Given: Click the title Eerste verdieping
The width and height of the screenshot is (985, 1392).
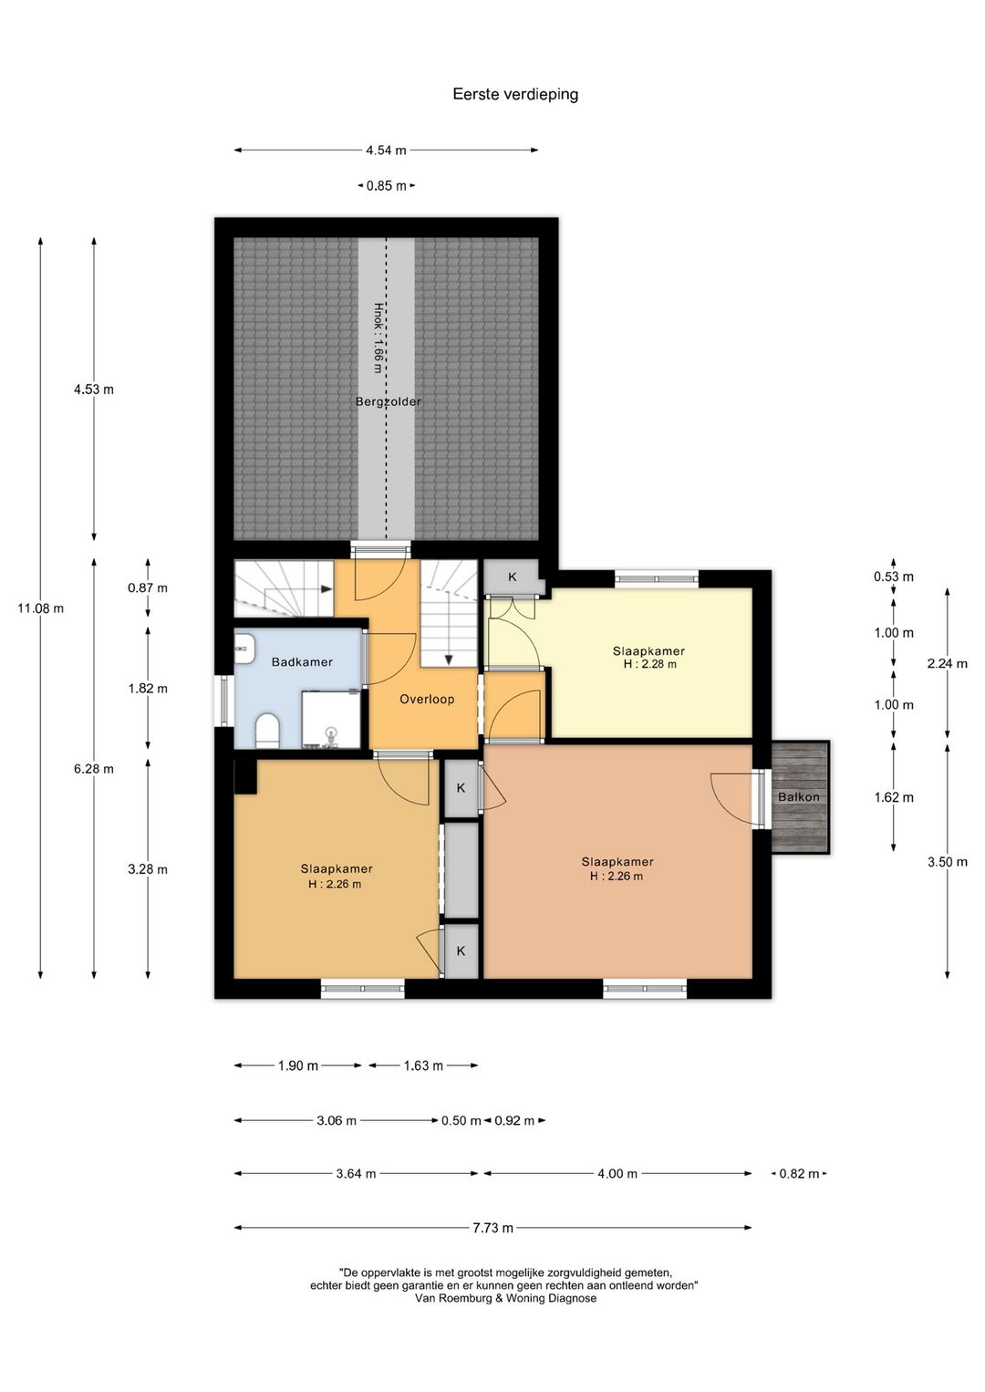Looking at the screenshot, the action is tap(515, 95).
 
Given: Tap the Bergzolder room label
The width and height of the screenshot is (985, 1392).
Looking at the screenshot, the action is tap(388, 401).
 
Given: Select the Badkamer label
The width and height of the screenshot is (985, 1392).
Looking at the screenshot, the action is tap(302, 662).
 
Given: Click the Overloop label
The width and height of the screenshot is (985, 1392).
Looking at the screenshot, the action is tap(427, 699).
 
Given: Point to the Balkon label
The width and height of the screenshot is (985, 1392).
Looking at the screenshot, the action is tap(799, 796).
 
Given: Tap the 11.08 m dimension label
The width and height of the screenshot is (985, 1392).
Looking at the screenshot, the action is tap(40, 608).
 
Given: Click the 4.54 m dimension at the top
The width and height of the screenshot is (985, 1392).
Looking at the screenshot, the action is tap(386, 150).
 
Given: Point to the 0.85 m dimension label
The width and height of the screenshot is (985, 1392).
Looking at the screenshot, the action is tap(386, 185).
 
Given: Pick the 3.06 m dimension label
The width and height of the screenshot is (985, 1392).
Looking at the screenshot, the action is tap(337, 1121).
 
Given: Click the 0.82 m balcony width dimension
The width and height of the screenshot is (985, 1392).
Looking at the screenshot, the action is tap(799, 1173).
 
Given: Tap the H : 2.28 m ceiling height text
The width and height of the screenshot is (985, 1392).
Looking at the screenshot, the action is tap(650, 664).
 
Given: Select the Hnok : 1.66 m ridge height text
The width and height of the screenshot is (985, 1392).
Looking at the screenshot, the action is tap(378, 338).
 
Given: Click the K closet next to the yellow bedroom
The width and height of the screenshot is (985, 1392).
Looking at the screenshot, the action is tap(513, 577).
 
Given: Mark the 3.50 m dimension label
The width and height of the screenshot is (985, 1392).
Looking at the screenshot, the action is tap(947, 862).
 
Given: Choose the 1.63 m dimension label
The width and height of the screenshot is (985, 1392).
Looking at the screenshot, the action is tap(423, 1065).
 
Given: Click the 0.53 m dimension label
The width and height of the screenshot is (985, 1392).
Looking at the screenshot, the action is tap(894, 577).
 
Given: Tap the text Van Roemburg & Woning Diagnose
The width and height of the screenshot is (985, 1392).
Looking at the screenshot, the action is tap(505, 1298).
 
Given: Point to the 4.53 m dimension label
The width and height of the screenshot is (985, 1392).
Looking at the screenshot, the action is tap(94, 390).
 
